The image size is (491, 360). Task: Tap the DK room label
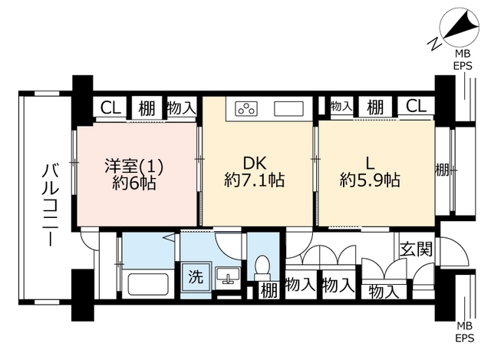click(x=255, y=163)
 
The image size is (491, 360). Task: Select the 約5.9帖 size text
click(x=370, y=180)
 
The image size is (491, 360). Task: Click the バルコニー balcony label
click(x=50, y=205)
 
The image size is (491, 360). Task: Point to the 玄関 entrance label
click(x=416, y=249)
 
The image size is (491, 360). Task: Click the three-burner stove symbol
click(x=246, y=109)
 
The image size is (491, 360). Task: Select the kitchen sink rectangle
click(x=288, y=109)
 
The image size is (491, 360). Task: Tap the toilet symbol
click(x=262, y=268)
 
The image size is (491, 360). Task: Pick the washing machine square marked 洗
click(x=196, y=277)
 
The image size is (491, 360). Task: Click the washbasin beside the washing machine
click(x=229, y=276)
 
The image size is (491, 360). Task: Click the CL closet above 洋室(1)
click(x=110, y=107)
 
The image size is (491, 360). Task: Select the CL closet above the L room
click(x=416, y=106)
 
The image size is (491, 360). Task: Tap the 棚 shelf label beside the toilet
click(x=269, y=290)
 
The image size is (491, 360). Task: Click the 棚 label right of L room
click(x=442, y=170)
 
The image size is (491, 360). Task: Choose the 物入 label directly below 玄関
click(x=384, y=292)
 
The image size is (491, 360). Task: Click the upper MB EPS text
click(x=463, y=60)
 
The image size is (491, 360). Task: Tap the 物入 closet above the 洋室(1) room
click(x=181, y=108)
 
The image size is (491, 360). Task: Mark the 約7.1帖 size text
click(x=254, y=180)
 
